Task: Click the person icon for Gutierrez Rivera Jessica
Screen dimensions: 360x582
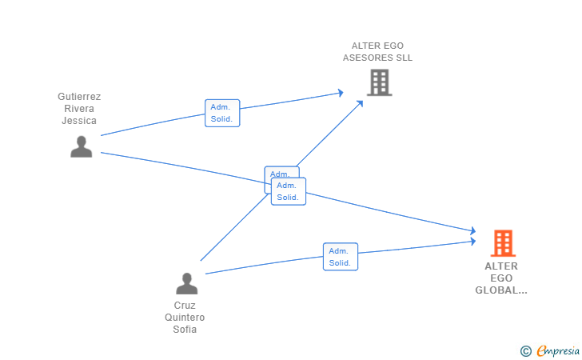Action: pos(81,146)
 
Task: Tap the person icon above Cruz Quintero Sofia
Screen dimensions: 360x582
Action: pos(186,283)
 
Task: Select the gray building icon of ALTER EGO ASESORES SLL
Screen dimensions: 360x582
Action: pos(379,82)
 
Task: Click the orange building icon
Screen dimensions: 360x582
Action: pos(503,242)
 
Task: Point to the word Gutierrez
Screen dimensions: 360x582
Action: pos(79,97)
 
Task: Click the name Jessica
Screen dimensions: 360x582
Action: pos(79,121)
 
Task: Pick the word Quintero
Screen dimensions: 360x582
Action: pos(185,317)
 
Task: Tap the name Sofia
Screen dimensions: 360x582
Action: pos(185,329)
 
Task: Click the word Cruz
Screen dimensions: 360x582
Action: pos(185,305)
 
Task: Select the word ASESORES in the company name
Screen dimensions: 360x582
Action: pos(366,58)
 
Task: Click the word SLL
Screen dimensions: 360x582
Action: pos(403,58)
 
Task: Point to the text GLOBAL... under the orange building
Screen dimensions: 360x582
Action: pos(501,290)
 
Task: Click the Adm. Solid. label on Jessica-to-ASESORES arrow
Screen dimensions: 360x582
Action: pos(221,113)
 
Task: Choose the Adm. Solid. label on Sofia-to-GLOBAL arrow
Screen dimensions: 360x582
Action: pos(340,257)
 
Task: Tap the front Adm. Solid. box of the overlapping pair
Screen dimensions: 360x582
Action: pos(288,191)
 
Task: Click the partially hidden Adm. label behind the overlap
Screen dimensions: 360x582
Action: pos(279,172)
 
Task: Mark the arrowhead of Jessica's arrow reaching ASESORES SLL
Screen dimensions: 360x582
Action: pos(341,94)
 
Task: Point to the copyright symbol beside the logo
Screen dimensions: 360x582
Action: pos(525,350)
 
